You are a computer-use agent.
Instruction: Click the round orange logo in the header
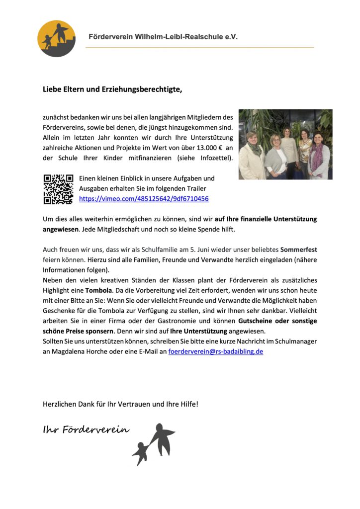click(x=56, y=38)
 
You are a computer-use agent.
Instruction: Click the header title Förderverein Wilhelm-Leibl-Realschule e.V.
click(x=163, y=37)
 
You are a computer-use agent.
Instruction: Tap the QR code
click(x=58, y=189)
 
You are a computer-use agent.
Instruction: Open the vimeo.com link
click(x=144, y=199)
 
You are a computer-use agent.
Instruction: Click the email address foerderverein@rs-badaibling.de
click(x=216, y=351)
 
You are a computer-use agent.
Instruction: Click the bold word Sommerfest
click(x=298, y=249)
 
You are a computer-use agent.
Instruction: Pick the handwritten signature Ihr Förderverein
click(x=86, y=429)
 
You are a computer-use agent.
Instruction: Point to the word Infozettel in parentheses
click(x=215, y=158)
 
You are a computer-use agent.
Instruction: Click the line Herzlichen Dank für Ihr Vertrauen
click(x=120, y=404)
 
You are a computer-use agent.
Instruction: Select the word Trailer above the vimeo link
click(x=195, y=188)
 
